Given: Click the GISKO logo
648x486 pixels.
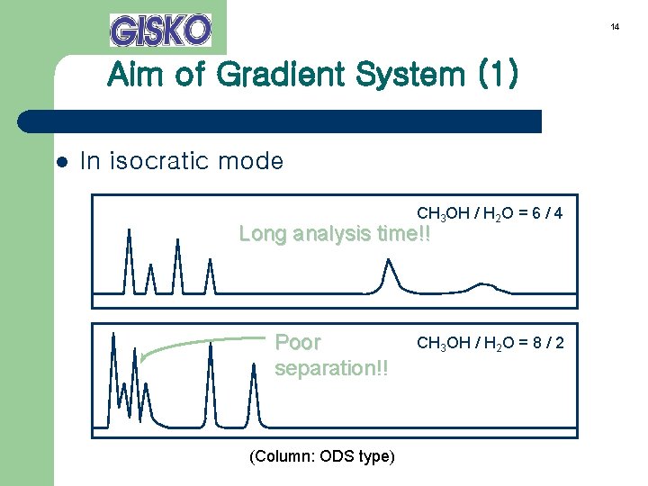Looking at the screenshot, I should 160,30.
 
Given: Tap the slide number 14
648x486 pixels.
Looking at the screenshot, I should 615,27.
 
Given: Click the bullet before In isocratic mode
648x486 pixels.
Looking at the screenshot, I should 62,163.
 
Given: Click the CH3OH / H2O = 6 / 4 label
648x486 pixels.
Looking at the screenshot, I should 490,214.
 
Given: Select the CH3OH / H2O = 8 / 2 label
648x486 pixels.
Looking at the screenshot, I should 490,343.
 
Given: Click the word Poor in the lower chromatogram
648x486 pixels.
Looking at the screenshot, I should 298,343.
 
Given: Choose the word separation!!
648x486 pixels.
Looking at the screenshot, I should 331,369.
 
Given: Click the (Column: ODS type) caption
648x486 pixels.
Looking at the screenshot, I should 321,456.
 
